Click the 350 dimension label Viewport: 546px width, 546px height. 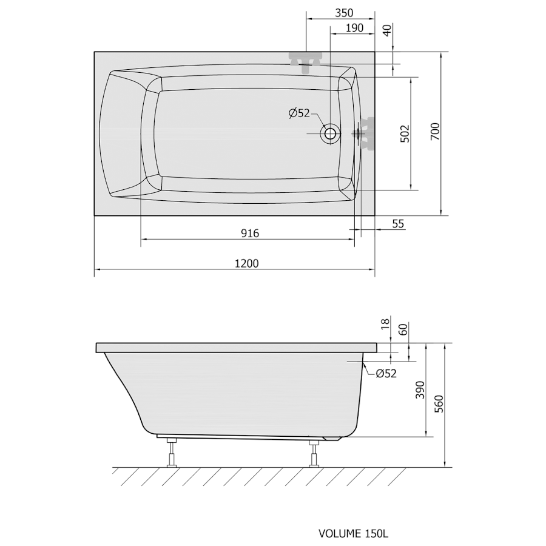(344, 13)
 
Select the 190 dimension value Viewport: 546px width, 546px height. (354, 28)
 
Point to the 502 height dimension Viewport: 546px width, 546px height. (405, 133)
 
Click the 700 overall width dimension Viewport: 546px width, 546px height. (435, 132)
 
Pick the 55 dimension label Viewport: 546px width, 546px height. (398, 223)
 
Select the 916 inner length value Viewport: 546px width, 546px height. (250, 233)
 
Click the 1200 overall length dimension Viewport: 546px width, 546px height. (246, 263)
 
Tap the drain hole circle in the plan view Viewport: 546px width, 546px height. (330, 133)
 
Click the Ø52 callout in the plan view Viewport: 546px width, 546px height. (300, 113)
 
